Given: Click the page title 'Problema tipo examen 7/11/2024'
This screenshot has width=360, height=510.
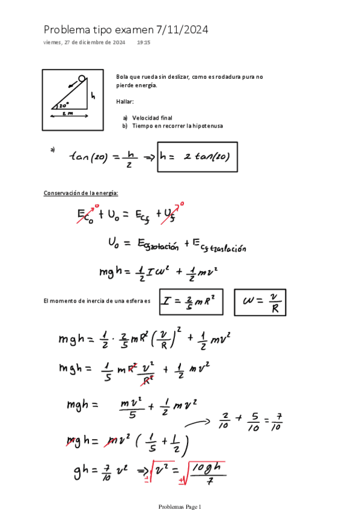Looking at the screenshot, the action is (x=126, y=29).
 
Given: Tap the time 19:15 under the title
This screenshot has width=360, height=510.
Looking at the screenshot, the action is (x=144, y=43).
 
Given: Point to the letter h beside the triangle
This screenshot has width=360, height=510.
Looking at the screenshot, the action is (x=93, y=95).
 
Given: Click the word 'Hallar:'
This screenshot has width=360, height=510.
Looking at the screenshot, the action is (x=125, y=102).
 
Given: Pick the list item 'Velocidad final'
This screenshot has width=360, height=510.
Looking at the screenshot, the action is (x=152, y=118).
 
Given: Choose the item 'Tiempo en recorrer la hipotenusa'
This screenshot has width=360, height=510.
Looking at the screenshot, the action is (x=172, y=126).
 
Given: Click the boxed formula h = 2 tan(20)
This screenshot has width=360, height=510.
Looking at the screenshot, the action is (x=197, y=156).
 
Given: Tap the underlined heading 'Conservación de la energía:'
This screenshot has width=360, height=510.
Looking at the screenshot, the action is (x=81, y=192).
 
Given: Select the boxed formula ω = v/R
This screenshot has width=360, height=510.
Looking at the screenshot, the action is (x=260, y=303).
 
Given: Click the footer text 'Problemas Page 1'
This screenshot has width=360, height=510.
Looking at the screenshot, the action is (x=180, y=506).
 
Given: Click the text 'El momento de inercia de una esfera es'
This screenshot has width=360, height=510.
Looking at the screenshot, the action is (x=97, y=300).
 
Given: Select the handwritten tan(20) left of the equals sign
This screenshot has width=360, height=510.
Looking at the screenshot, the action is (x=89, y=157).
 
